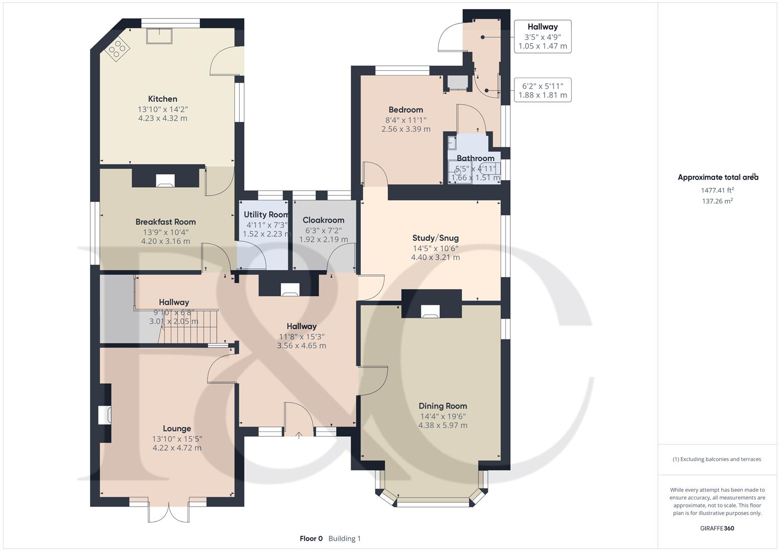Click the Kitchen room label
162,99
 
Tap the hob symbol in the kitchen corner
118,50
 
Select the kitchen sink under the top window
159,36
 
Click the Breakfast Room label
166,222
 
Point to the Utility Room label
266,215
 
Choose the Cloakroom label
323,220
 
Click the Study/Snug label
435,238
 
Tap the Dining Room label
442,406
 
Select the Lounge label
177,429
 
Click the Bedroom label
406,110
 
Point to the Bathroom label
475,159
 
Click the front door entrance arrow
299,435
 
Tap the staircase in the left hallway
189,327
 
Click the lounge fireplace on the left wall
105,414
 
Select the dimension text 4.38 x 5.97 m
442,425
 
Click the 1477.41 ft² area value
717,190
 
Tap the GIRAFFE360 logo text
717,528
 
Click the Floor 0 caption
311,538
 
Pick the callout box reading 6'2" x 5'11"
542,90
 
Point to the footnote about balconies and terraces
717,459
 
